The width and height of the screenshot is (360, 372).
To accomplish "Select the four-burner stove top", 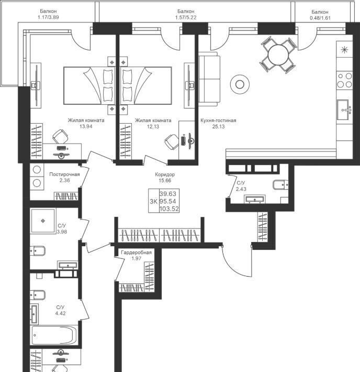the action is click(x=345, y=80).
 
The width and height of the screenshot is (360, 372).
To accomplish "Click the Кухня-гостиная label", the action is click(x=218, y=121).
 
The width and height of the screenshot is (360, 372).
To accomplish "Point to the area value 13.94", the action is click(x=86, y=126).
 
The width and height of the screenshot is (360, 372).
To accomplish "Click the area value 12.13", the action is click(x=153, y=126).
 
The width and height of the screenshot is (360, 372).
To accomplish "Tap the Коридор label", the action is click(x=165, y=174).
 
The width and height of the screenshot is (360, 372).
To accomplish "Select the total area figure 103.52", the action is click(x=169, y=209).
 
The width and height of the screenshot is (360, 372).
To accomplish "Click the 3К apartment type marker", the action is click(x=153, y=201).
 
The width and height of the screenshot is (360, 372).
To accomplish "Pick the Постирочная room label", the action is click(x=64, y=174).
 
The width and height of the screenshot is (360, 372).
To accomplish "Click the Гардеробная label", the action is click(x=136, y=253).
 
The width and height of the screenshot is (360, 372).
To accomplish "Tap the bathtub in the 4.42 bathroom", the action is click(x=54, y=335).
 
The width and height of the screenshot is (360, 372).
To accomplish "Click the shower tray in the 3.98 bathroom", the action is click(x=43, y=221).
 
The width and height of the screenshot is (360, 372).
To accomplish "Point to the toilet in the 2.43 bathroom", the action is click(x=280, y=184).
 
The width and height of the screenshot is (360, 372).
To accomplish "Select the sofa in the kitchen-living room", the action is click(x=209, y=79).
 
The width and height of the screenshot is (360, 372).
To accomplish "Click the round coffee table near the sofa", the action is click(x=240, y=84).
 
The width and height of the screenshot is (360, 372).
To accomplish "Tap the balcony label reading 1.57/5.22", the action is click(x=186, y=17).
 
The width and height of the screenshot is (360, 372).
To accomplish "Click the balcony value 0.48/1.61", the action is click(x=320, y=18).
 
